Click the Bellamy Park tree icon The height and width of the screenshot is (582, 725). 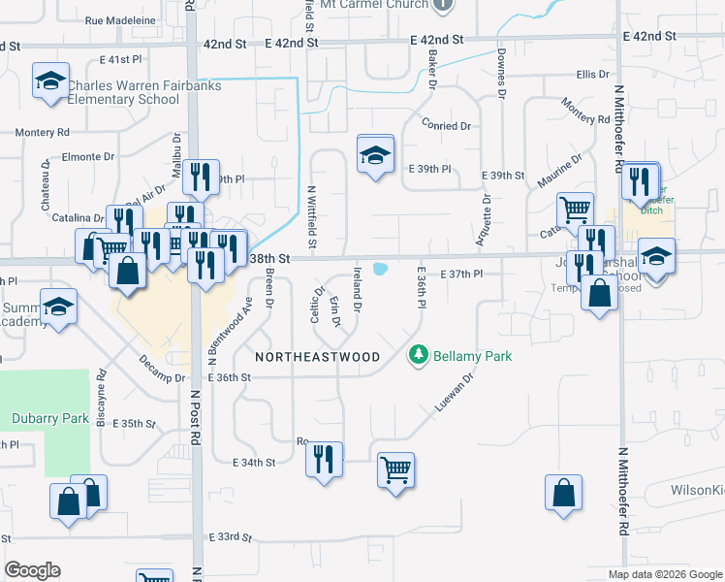[x=419, y=356]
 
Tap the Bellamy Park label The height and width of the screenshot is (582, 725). [x=472, y=356]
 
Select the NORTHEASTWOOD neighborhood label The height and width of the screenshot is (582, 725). [x=318, y=357]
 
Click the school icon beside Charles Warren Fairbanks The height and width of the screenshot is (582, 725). [x=50, y=81]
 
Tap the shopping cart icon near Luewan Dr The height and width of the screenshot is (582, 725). [x=395, y=470]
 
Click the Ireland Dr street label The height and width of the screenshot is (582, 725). [x=358, y=289]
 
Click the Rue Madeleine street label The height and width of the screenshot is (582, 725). [x=120, y=19]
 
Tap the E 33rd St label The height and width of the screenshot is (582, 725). [x=229, y=536]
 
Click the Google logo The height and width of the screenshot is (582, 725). [x=32, y=570]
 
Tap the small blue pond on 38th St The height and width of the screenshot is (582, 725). [x=380, y=269]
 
